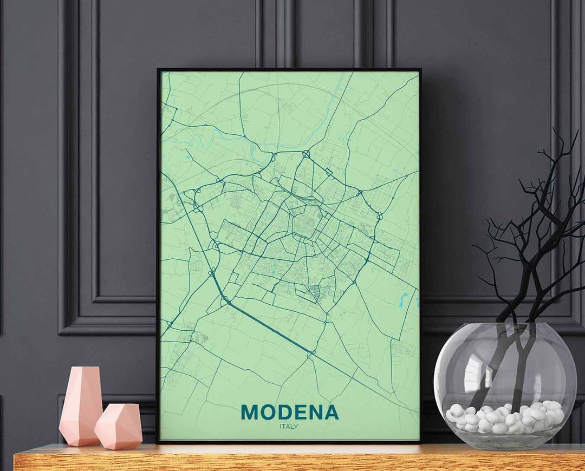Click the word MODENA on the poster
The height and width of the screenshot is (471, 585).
pyautogui.click(x=290, y=412)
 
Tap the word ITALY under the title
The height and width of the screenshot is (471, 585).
pyautogui.click(x=289, y=426)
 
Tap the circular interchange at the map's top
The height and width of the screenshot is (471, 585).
pyautogui.click(x=307, y=154)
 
